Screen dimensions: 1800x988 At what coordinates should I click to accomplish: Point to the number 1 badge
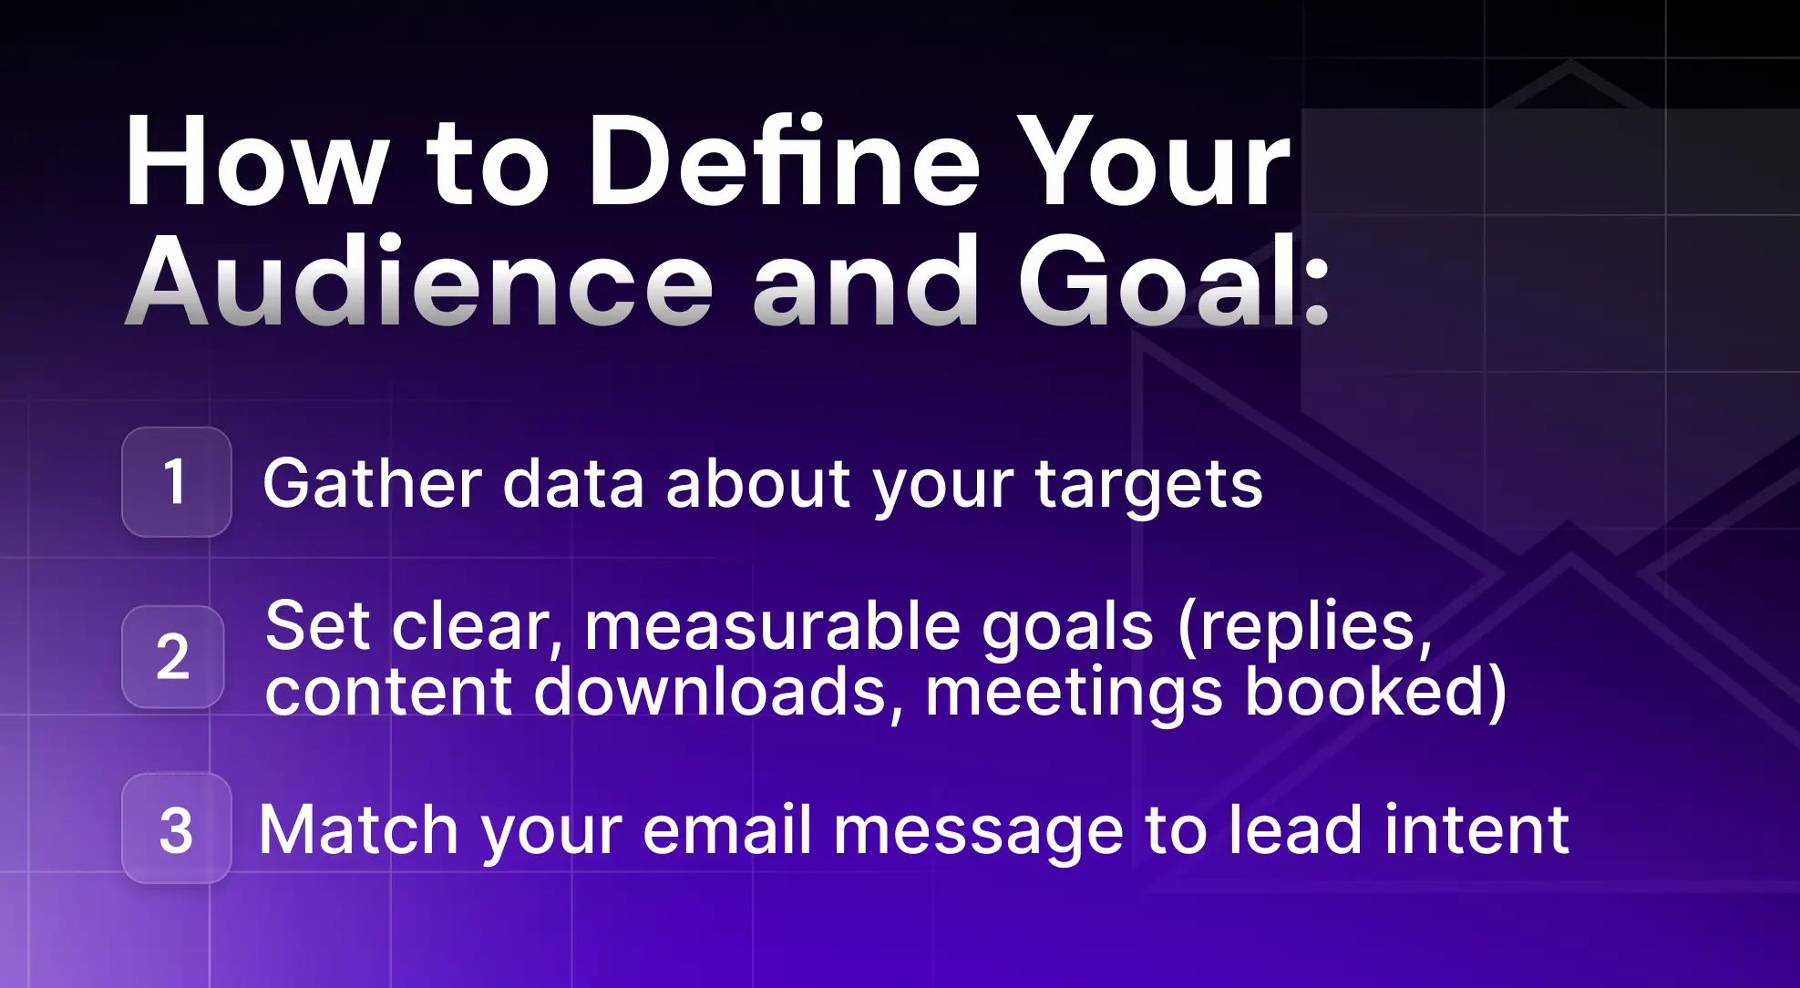pyautogui.click(x=176, y=481)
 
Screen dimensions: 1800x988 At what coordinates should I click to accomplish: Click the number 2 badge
pyautogui.click(x=173, y=656)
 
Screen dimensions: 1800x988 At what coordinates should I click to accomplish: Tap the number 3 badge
pyautogui.click(x=176, y=828)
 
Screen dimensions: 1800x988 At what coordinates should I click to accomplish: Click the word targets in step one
pyautogui.click(x=1149, y=486)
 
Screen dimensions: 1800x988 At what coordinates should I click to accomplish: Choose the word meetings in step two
pyautogui.click(x=1074, y=695)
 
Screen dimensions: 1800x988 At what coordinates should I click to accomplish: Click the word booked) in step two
pyautogui.click(x=1375, y=693)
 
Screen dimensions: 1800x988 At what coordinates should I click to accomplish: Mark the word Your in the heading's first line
pyautogui.click(x=1154, y=162)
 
